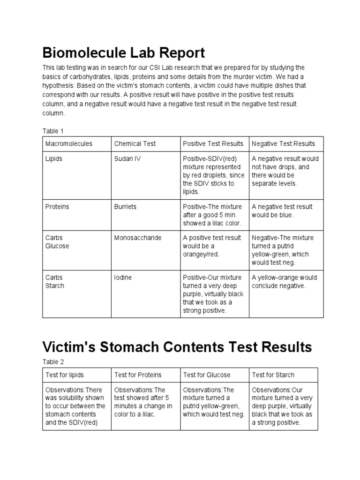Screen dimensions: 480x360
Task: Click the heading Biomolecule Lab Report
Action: pos(124,52)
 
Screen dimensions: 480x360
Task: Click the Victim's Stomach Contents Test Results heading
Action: pos(177,347)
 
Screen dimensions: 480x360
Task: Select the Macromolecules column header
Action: pos(69,144)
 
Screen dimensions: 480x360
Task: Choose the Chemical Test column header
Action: pos(135,144)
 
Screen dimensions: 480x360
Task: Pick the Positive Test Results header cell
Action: pos(213,144)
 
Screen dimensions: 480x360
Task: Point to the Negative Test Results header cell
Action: pos(283,144)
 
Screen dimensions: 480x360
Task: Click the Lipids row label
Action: pos(54,159)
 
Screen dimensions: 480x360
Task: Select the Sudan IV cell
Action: pos(127,159)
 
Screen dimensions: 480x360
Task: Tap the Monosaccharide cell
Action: pos(138,238)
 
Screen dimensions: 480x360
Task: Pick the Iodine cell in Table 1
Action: pos(123,277)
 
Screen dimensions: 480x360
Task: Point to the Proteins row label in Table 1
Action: pos(57,207)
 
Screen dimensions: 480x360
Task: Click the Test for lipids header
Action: pos(65,375)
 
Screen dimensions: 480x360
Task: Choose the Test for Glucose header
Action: pos(207,375)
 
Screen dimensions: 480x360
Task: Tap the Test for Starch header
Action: pos(273,375)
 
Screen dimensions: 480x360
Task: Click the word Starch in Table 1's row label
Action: pos(55,286)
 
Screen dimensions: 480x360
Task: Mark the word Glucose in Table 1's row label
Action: pos(57,246)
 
